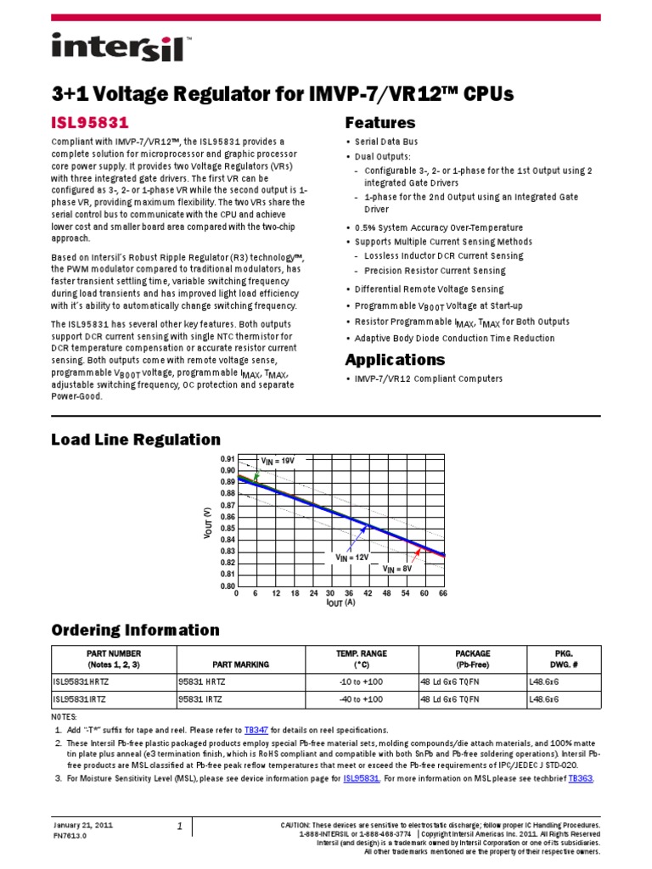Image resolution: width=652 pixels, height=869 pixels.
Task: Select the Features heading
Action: tap(380, 122)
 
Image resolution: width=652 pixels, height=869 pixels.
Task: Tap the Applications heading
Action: tap(395, 359)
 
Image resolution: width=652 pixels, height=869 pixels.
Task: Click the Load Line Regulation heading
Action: tap(136, 440)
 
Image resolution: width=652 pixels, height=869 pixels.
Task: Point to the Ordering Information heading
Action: tap(135, 630)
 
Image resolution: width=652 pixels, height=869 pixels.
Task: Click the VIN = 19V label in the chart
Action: tap(278, 460)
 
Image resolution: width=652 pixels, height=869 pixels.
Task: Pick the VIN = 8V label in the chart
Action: tap(398, 569)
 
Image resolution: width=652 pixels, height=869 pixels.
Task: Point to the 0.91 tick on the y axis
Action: tap(227, 458)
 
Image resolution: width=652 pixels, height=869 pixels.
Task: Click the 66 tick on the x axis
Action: tap(442, 594)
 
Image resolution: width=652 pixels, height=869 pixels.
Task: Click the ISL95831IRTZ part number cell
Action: tap(81, 699)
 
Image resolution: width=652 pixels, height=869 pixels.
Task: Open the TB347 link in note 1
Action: tap(256, 730)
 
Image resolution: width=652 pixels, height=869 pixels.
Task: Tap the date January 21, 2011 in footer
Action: tap(82, 825)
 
